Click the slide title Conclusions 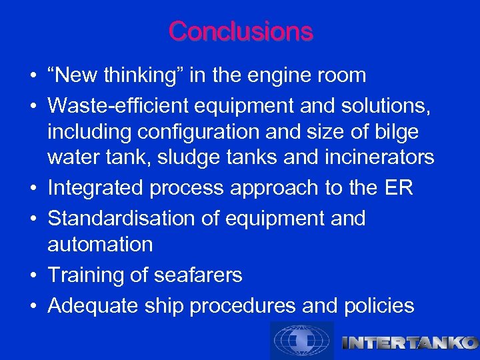click(x=240, y=31)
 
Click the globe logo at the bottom click(x=302, y=341)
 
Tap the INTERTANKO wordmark click(x=409, y=343)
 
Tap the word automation click(x=100, y=244)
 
